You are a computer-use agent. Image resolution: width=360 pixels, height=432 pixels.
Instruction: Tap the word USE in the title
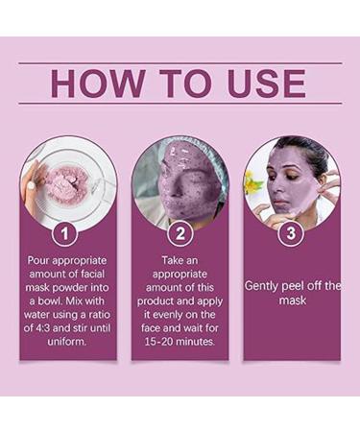[x=266, y=84]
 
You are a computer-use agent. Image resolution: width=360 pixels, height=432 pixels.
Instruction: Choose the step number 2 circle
[x=180, y=233]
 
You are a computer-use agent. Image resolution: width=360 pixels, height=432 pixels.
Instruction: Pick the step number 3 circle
[x=291, y=233]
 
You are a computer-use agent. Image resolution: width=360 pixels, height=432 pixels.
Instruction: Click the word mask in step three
[x=292, y=300]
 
